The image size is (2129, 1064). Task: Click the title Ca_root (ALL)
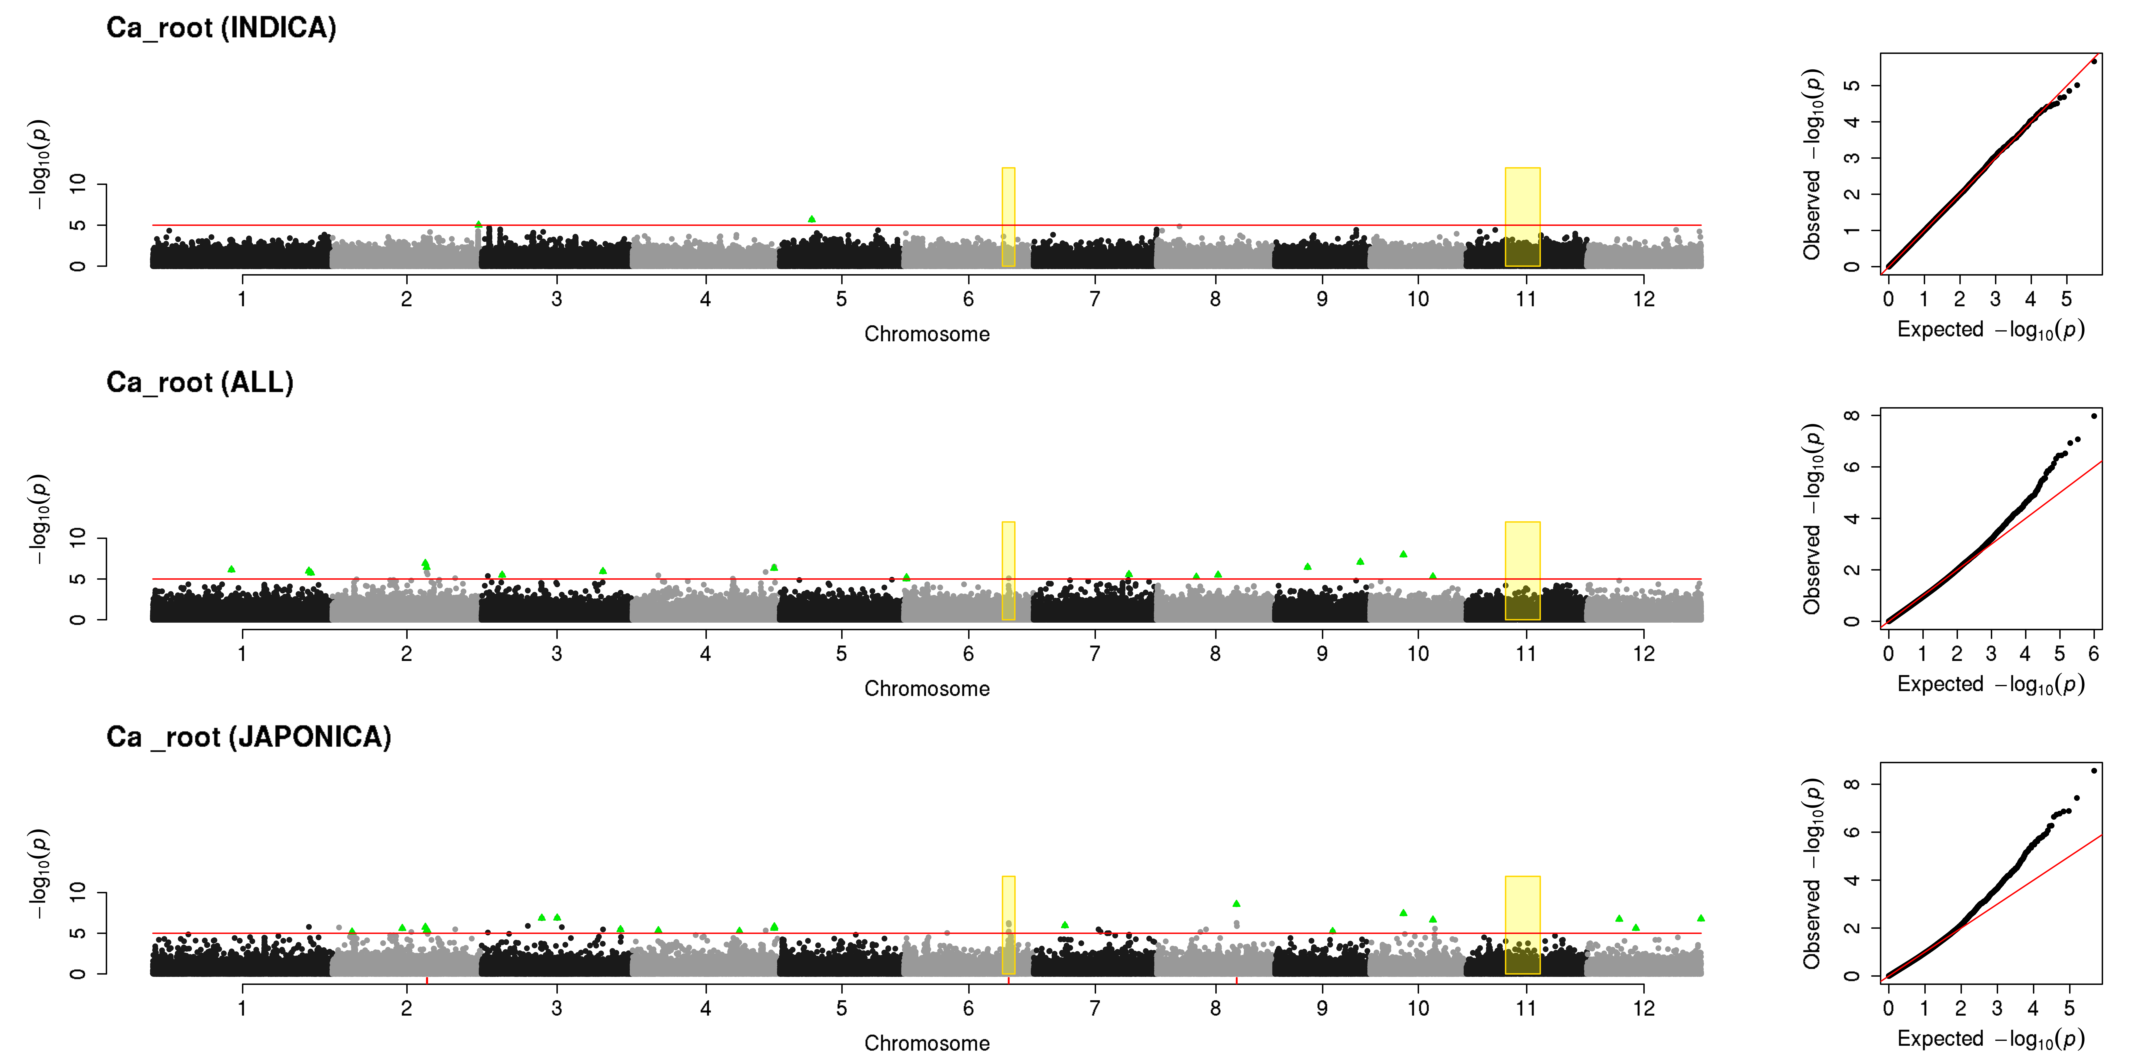click(200, 382)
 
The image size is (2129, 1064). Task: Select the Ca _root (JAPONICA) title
click(249, 737)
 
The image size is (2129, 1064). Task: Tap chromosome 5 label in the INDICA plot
click(841, 299)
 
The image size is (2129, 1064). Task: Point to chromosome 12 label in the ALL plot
click(1644, 653)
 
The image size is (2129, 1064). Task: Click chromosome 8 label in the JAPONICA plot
click(1215, 1008)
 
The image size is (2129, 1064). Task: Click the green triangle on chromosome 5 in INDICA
click(812, 219)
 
